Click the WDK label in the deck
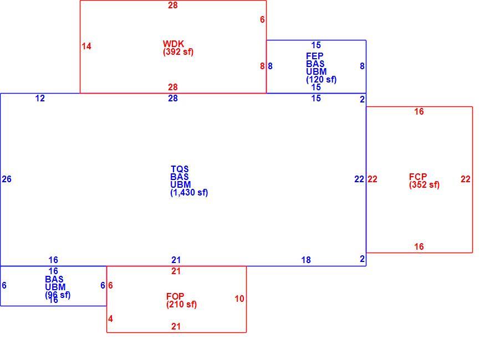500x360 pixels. pyautogui.click(x=174, y=44)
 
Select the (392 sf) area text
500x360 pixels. pyautogui.click(x=178, y=52)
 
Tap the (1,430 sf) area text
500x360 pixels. pyautogui.click(x=189, y=192)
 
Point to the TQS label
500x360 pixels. pyautogui.click(x=180, y=169)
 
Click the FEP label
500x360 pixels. pyautogui.click(x=315, y=56)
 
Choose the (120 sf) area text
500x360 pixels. pyautogui.click(x=321, y=79)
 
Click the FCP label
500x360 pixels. pyautogui.click(x=418, y=177)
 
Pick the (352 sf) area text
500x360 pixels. pyautogui.click(x=424, y=185)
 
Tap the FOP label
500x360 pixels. pyautogui.click(x=175, y=296)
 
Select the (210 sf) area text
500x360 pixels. pyautogui.click(x=181, y=304)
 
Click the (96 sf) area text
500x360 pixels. pyautogui.click(x=58, y=295)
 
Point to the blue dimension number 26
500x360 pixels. pyautogui.click(x=7, y=179)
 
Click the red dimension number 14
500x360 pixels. pyautogui.click(x=86, y=46)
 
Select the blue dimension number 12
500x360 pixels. pyautogui.click(x=40, y=98)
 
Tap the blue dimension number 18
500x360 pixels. pyautogui.click(x=306, y=260)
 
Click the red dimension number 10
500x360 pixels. pyautogui.click(x=239, y=299)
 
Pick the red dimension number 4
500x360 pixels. pyautogui.click(x=110, y=318)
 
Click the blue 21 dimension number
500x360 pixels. pyautogui.click(x=176, y=260)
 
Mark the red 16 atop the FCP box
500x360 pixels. pyautogui.click(x=419, y=111)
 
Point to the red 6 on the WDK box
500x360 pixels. pyautogui.click(x=262, y=19)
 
